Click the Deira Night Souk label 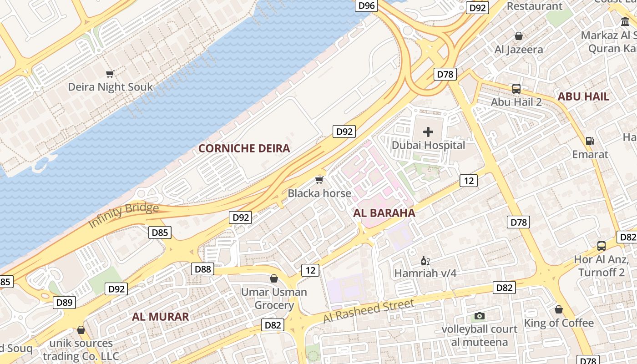coord(110,87)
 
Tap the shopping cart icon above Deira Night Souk coord(110,73)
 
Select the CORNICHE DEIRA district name coord(244,148)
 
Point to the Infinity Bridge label coord(123,216)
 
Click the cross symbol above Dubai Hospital coord(428,132)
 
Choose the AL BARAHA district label coord(384,213)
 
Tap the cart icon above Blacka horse coord(319,180)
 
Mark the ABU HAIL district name coord(583,96)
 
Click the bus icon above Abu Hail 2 coord(516,89)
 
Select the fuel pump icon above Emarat coord(590,141)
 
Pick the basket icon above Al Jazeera coord(518,36)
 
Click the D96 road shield coord(366,5)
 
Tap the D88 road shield coord(202,269)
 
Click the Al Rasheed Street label coord(369,311)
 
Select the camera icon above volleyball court coord(480,316)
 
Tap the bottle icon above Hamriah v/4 coord(425,261)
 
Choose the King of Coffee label coord(559,323)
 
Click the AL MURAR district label coord(160,317)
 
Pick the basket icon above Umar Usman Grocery coord(274,278)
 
